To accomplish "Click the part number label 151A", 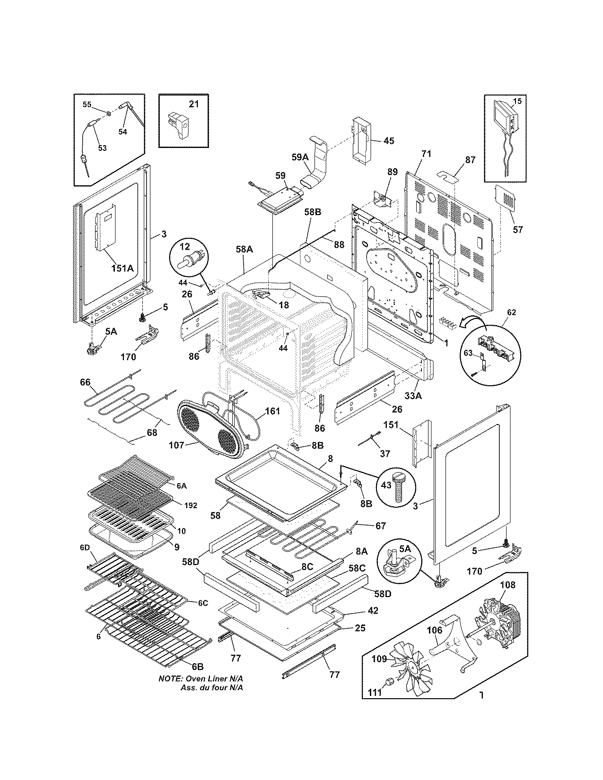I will coord(122,268).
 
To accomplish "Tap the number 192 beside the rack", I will coord(191,505).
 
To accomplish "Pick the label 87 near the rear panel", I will coord(470,160).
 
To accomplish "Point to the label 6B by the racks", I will coord(197,667).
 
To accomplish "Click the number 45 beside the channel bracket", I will coord(388,141).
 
